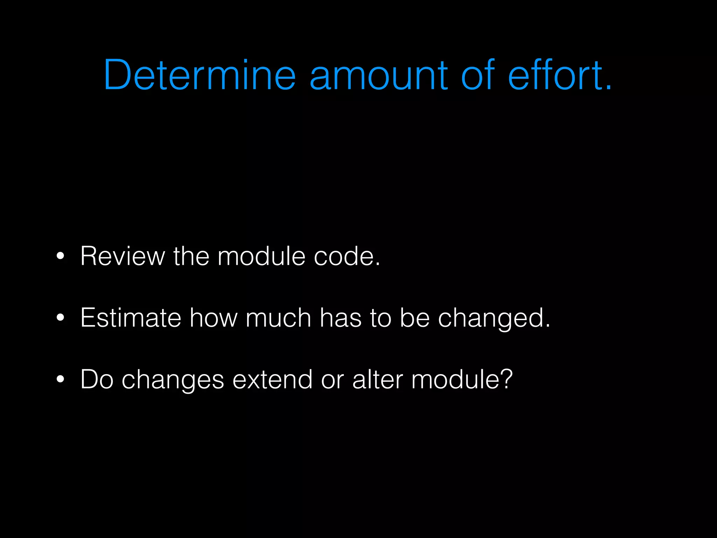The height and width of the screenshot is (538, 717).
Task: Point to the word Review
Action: click(x=123, y=256)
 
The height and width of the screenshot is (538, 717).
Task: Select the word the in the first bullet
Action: click(x=191, y=256)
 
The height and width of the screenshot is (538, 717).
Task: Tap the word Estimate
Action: click(x=131, y=318)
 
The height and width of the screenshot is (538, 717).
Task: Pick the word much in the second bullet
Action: click(x=278, y=318)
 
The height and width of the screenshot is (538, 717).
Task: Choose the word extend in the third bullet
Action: click(x=272, y=379)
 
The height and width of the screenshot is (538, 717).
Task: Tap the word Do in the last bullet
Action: click(x=97, y=379)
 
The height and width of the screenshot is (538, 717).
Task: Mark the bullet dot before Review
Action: click(x=60, y=256)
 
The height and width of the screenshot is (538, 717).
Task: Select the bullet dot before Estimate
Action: click(x=60, y=318)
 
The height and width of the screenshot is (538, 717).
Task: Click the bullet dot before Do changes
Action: click(x=60, y=379)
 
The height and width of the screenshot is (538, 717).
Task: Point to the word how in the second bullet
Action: click(x=213, y=318)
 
